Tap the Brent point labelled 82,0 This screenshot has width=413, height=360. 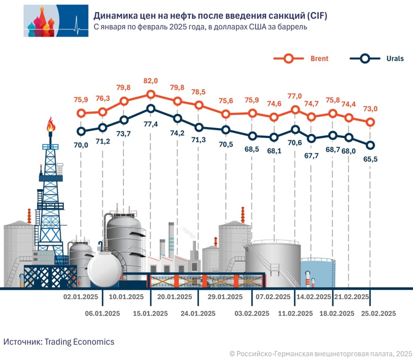click(151, 95)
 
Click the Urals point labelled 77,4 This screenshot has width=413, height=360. click(151, 108)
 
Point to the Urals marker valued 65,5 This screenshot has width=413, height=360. click(370, 145)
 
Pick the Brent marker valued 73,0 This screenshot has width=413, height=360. click(370, 122)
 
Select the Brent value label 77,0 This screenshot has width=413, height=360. click(295, 96)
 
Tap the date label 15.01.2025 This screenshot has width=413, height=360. click(151, 314)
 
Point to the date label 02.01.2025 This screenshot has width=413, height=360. click(81, 297)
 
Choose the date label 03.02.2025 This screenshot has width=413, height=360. click(252, 314)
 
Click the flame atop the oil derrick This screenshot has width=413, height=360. click(50, 124)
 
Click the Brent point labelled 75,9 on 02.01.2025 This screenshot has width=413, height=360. click(81, 113)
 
